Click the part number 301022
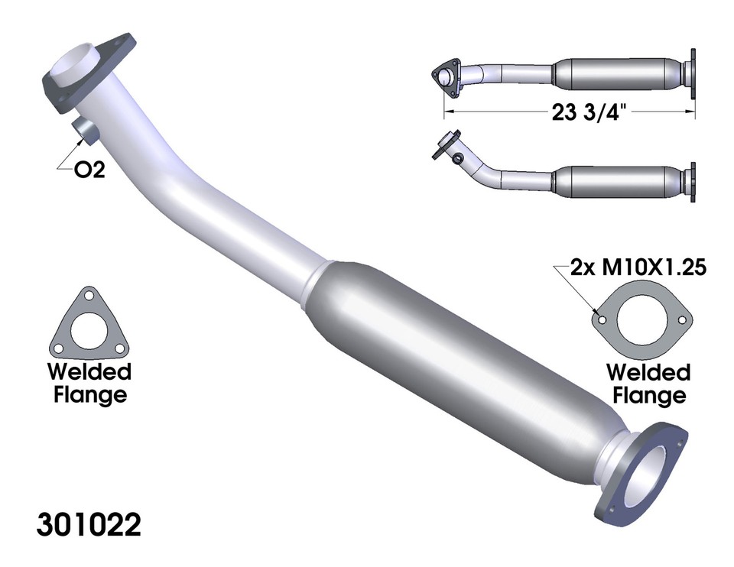(x=89, y=526)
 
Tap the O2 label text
(x=88, y=171)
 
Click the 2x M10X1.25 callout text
(x=637, y=268)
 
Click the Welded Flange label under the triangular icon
(x=89, y=384)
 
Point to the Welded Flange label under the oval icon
(x=648, y=384)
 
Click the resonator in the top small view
(x=619, y=72)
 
